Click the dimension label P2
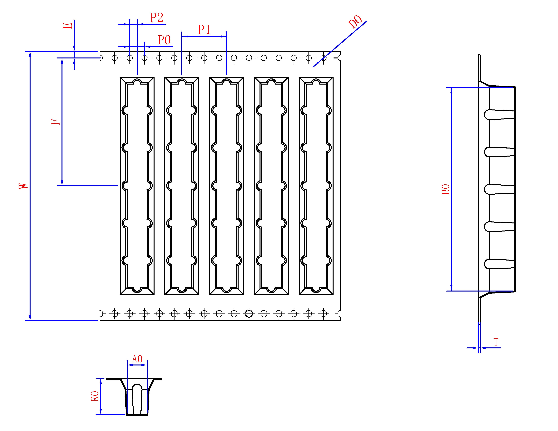tap(157, 18)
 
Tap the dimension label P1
tap(204, 30)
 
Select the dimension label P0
tap(164, 40)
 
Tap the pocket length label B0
tap(446, 189)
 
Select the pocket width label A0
tap(137, 359)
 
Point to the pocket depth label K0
tap(95, 396)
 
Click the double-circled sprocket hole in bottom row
tap(249, 314)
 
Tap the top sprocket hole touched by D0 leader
tap(323, 58)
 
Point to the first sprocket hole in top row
tap(115, 58)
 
